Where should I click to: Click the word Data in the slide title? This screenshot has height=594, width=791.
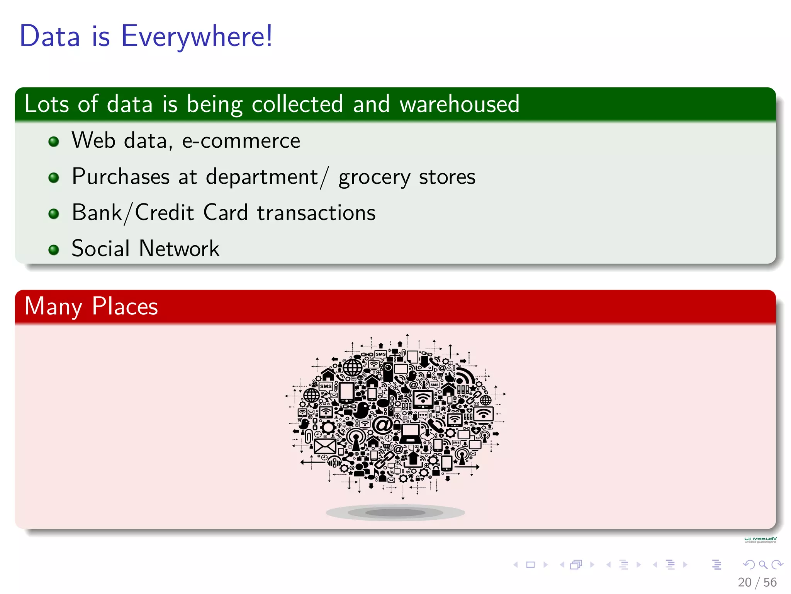50,36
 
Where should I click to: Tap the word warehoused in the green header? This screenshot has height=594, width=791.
460,104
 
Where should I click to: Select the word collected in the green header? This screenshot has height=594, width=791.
297,104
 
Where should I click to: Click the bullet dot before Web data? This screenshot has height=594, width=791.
54,142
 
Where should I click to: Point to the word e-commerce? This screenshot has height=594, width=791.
241,140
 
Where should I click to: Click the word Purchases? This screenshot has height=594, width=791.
121,177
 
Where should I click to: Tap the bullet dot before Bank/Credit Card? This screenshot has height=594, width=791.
54,214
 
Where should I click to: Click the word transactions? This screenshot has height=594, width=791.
316,213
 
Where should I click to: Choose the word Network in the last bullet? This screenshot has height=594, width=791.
179,248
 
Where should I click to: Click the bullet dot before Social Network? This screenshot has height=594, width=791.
54,250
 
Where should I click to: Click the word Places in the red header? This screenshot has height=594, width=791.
125,306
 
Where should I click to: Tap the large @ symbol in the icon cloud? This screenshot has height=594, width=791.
382,425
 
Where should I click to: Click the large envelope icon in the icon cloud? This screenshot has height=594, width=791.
325,447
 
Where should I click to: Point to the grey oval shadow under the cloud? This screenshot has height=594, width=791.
395,512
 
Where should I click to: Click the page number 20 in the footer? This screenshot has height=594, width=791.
744,582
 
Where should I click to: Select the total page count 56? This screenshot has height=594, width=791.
770,582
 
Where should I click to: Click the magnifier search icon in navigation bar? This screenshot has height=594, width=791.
763,565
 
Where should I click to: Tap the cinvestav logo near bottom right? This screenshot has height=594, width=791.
760,539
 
